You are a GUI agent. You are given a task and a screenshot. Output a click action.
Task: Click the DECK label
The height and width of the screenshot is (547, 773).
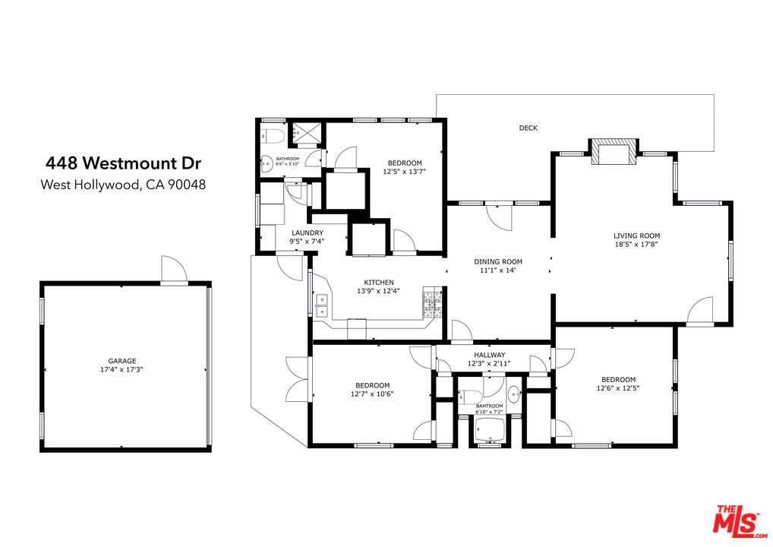click(528, 128)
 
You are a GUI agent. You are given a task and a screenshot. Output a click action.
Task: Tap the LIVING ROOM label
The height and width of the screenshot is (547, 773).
click(636, 236)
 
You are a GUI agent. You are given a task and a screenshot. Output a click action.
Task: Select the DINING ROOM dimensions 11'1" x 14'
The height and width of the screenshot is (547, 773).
click(498, 270)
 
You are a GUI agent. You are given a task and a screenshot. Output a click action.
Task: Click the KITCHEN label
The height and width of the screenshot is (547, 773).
click(379, 283)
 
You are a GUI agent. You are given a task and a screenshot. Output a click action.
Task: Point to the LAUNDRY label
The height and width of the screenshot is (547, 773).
click(307, 232)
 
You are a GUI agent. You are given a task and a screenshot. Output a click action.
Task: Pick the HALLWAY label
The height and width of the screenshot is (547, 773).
click(490, 355)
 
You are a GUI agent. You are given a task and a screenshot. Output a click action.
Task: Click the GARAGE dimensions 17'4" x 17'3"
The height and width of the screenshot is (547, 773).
click(121, 369)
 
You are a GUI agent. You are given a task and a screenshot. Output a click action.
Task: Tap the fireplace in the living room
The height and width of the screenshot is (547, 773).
click(614, 152)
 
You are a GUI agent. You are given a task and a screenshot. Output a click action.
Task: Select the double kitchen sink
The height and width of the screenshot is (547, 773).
click(321, 305)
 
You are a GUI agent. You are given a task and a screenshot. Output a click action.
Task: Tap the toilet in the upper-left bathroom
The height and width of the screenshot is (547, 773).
click(273, 135)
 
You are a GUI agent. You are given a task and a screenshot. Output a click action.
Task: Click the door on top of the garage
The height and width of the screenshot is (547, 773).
click(174, 270)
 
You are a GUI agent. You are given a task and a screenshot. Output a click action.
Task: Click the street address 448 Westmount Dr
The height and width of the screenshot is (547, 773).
click(123, 163)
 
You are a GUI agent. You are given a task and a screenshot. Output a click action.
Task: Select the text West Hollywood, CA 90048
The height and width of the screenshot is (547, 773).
click(123, 185)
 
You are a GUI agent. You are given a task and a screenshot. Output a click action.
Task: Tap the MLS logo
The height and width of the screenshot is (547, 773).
click(740, 521)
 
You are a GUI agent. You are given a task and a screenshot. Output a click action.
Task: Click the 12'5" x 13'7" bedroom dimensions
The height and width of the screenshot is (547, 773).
click(404, 172)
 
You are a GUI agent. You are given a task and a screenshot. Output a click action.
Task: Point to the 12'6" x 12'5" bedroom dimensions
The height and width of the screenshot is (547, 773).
click(618, 388)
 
